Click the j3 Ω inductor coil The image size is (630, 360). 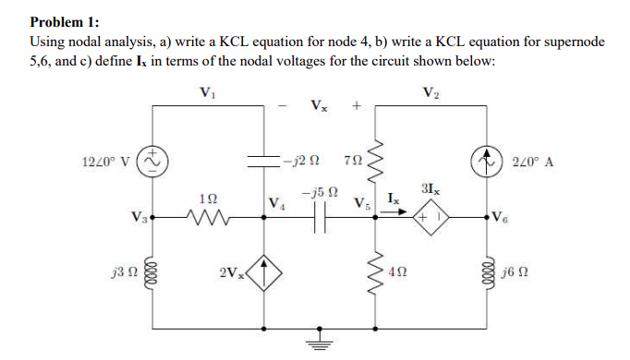coord(151,274)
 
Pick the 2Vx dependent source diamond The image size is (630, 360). coord(263,274)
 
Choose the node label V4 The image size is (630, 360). coord(274,205)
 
